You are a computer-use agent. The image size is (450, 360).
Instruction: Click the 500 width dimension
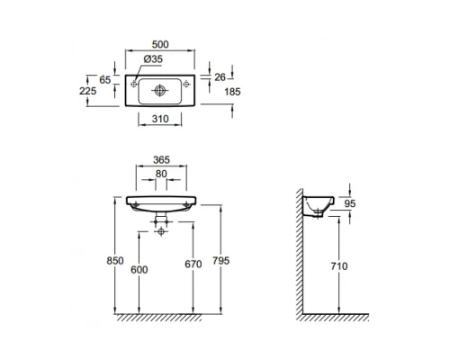pyautogui.click(x=160, y=44)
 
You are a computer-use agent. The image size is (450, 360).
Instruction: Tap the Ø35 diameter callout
pyautogui.click(x=153, y=59)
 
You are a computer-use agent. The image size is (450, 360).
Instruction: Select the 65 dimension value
pyautogui.click(x=105, y=80)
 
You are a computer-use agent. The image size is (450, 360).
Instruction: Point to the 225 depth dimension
pyautogui.click(x=87, y=91)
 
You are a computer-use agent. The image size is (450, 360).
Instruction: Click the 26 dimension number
pyautogui.click(x=220, y=77)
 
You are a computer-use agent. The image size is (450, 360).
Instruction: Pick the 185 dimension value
pyautogui.click(x=232, y=92)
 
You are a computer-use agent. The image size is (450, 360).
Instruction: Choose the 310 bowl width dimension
pyautogui.click(x=160, y=119)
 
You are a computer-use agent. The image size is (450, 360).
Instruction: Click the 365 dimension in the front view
pyautogui.click(x=161, y=160)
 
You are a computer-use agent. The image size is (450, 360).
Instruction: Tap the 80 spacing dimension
pyautogui.click(x=161, y=174)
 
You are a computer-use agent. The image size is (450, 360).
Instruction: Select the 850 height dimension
pyautogui.click(x=115, y=260)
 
